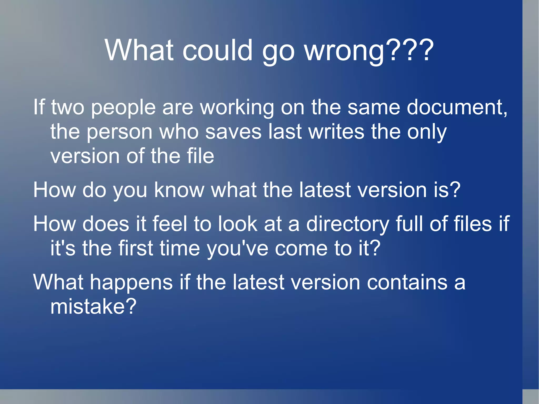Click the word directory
click(347, 224)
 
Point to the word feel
click(170, 224)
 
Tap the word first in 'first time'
click(136, 248)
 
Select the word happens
click(132, 282)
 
